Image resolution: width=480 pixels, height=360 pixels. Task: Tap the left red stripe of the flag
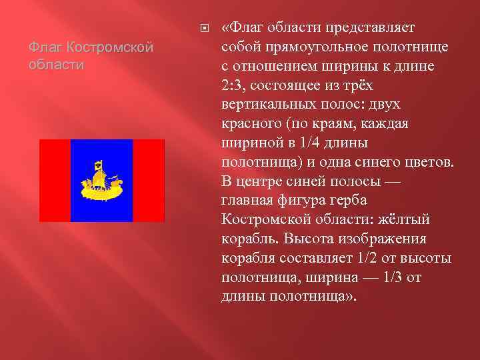click(55, 180)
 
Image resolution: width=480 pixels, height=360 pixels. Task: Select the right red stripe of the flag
click(149, 180)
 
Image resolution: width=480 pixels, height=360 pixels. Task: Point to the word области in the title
click(57, 65)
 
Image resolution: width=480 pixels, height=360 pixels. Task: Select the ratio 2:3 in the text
click(233, 86)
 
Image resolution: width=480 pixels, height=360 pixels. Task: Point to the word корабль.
click(247, 239)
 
